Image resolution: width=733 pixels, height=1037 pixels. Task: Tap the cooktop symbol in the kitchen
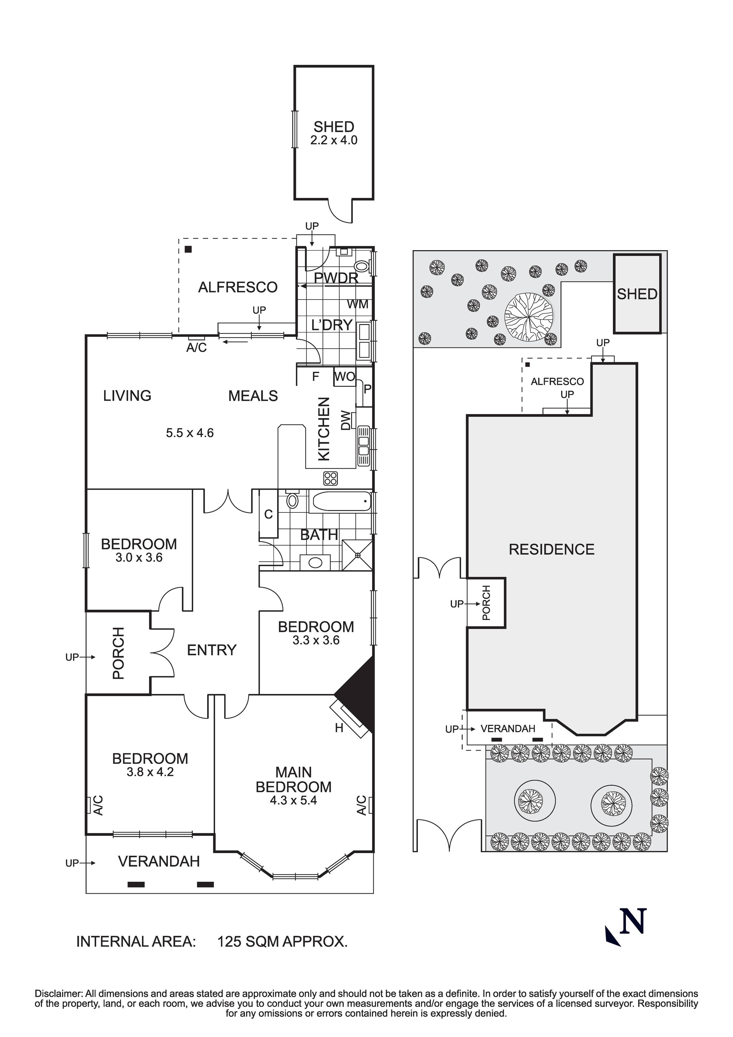330,478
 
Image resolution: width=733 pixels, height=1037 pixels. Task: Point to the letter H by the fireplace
339,728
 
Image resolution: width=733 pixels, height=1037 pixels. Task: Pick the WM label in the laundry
357,304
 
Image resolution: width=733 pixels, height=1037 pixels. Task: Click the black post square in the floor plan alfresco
188,249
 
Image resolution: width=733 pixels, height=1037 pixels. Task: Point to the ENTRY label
211,650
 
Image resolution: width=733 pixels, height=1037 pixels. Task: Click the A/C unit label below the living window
197,348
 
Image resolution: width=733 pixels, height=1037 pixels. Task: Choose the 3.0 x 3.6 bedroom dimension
139,557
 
